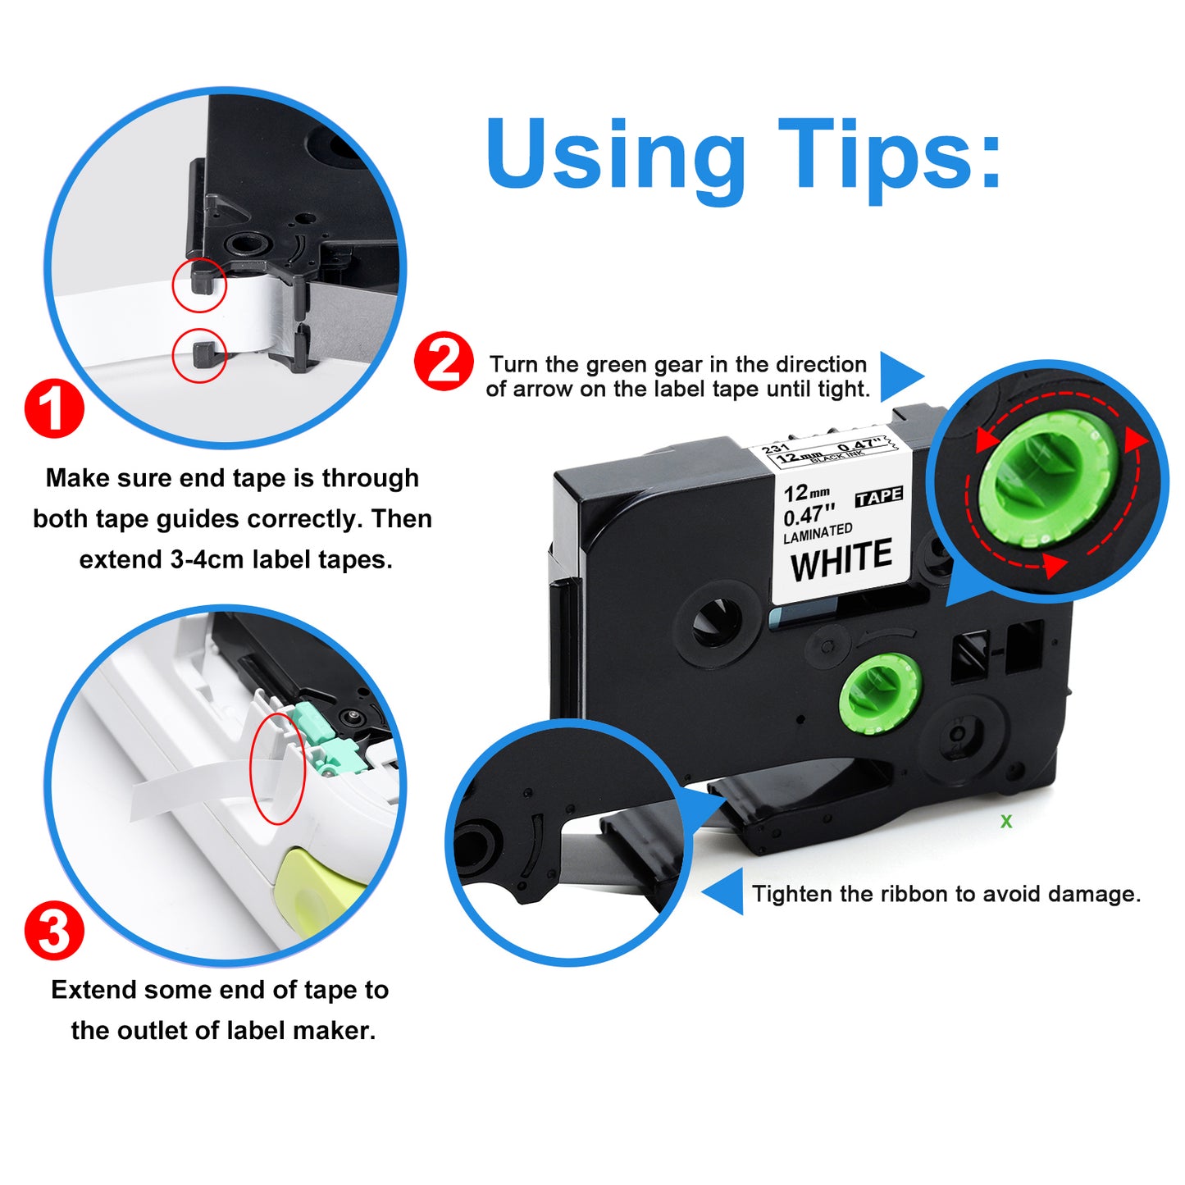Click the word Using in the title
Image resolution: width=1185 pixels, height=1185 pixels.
(615, 161)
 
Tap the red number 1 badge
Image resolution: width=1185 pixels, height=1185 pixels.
(54, 408)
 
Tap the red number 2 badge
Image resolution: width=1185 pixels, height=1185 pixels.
(444, 361)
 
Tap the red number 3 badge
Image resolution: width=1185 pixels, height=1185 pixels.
(54, 930)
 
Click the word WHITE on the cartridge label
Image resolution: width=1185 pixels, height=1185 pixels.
(841, 559)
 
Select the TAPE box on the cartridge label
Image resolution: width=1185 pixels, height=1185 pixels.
(879, 496)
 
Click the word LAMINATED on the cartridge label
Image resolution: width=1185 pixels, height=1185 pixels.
(818, 532)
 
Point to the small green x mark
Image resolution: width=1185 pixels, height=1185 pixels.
(1006, 821)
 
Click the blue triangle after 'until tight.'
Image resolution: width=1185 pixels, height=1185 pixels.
(901, 376)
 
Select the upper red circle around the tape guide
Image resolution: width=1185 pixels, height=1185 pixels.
(199, 285)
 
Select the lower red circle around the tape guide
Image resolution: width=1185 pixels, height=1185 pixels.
(199, 355)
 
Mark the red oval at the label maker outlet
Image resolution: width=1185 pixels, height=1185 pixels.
(277, 768)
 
